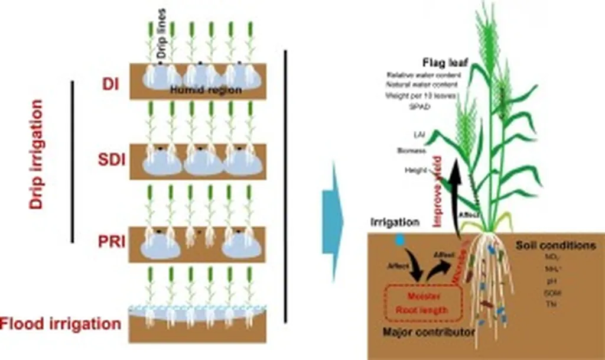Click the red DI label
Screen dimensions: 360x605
[x=110, y=85]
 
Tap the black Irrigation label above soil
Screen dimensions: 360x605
[x=395, y=223]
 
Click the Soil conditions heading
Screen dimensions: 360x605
[x=555, y=245]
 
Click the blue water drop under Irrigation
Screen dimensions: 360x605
[x=401, y=239]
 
